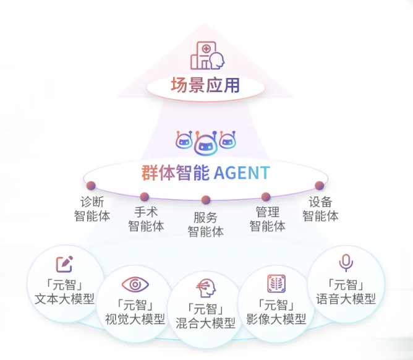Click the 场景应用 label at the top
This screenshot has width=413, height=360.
(205, 86)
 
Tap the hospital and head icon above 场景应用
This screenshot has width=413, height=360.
(207, 56)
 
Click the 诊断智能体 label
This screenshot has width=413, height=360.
(92, 209)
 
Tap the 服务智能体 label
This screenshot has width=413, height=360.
(205, 225)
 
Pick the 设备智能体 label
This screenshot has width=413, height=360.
(320, 209)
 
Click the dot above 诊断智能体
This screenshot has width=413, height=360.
(91, 186)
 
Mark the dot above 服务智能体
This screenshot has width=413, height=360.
(206, 200)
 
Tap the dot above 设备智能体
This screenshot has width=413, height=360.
(320, 186)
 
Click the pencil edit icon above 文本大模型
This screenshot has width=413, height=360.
(64, 264)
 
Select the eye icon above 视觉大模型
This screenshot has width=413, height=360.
(135, 284)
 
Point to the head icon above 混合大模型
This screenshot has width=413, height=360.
(206, 288)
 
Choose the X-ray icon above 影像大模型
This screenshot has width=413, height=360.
(276, 284)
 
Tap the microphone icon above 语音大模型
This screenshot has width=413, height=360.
(346, 264)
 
